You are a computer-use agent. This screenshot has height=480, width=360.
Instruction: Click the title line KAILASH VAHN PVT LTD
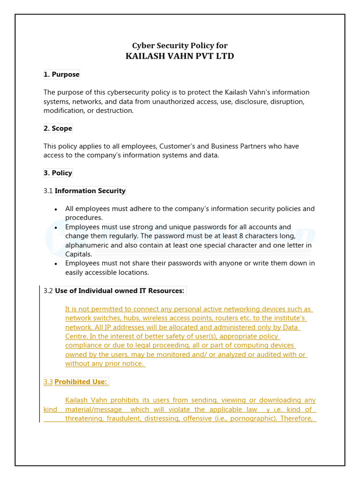[x=180, y=56]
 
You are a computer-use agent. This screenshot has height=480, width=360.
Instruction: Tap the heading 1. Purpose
[x=61, y=75]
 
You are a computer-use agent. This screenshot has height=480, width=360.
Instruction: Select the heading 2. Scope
[x=58, y=128]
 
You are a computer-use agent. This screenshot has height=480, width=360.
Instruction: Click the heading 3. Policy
[x=58, y=173]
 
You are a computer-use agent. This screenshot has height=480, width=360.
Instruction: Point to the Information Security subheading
[x=90, y=191]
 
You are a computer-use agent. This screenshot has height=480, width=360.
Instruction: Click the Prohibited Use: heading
[x=81, y=382]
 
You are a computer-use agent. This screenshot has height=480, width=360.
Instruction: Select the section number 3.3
[x=48, y=382]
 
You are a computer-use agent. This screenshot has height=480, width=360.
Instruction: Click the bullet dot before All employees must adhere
[x=56, y=209]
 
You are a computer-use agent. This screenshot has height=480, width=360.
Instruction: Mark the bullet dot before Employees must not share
[x=56, y=263]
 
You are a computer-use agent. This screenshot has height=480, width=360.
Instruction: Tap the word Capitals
[x=78, y=254]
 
